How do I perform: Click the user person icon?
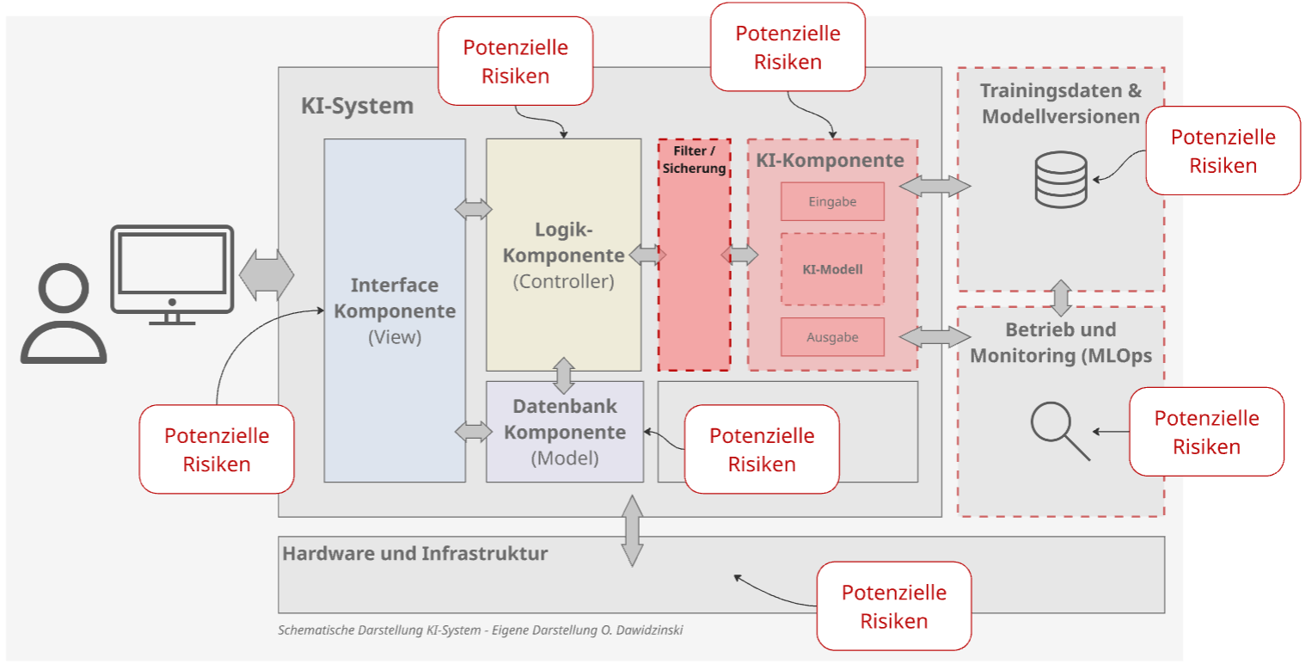63,316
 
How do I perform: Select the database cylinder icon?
1061,181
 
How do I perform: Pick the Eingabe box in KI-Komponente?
832,202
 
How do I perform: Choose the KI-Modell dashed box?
832,269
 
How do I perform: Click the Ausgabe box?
832,337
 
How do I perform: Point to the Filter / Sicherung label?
694,160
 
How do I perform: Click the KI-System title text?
357,107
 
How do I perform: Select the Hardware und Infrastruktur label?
414,553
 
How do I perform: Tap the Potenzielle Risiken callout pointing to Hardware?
893,606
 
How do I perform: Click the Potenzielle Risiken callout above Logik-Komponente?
515,60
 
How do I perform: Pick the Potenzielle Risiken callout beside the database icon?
1223,151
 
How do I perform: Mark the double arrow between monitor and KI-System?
266,275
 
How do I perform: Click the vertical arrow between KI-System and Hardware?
632,531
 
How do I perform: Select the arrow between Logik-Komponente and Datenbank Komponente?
564,375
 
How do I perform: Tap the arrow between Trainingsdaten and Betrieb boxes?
1061,298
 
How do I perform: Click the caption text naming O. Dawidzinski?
481,630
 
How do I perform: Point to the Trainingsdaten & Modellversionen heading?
1061,103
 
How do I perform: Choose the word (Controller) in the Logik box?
563,281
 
